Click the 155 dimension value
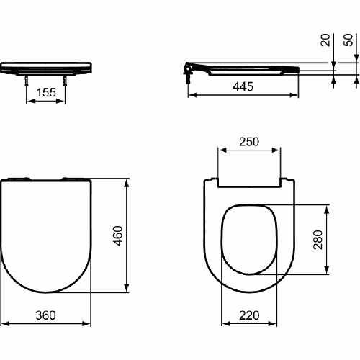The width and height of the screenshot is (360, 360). (x=46, y=93)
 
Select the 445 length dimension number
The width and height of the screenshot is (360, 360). (x=245, y=86)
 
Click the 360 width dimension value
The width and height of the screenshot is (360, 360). (x=46, y=315)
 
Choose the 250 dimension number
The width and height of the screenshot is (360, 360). (x=248, y=142)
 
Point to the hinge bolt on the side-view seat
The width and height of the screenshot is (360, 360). (x=189, y=74)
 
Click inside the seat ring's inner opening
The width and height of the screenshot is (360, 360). (x=248, y=238)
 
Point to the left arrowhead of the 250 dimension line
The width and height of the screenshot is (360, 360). (x=220, y=151)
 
